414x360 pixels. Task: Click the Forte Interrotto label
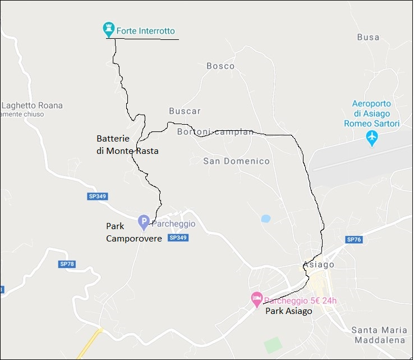145,30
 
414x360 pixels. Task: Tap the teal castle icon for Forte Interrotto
109,29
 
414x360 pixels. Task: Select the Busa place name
368,38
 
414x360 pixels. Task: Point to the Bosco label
220,66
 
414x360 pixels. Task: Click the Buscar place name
185,111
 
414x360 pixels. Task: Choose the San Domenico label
236,162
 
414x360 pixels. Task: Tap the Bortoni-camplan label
215,133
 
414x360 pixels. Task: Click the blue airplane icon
371,137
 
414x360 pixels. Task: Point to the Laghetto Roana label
33,106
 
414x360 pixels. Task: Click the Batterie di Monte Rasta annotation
127,144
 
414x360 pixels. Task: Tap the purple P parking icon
144,222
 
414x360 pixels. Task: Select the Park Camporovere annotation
134,233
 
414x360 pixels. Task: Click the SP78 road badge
66,264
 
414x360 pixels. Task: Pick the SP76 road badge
354,240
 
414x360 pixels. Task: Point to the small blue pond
265,218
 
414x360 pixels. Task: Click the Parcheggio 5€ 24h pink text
300,300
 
